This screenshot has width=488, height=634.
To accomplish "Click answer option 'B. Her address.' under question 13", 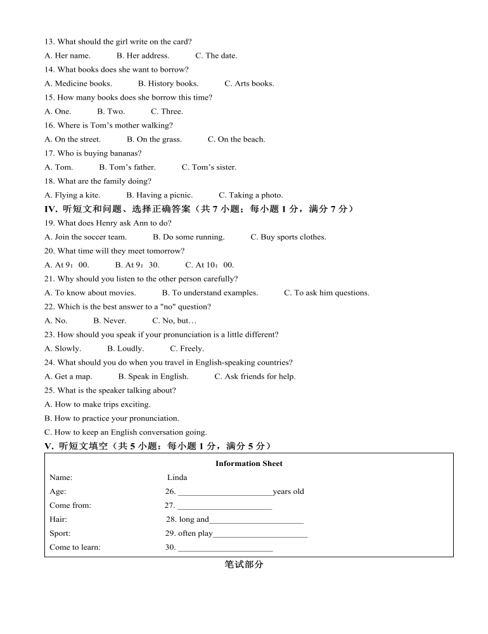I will point(143,56).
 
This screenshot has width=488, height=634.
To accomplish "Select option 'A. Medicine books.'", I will point(78,84).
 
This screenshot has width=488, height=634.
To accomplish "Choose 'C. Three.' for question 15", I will point(167,112).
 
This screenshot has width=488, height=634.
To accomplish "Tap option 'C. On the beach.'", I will point(236,139).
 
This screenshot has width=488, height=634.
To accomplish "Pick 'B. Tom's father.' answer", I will point(127,167).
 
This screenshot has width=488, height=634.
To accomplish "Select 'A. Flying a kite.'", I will point(72,195).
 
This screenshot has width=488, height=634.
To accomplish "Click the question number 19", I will point(49,223).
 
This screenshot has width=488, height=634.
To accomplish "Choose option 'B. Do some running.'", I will point(188,237).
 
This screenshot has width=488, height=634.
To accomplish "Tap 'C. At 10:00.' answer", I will point(209,265).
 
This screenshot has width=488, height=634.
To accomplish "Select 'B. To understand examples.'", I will point(210,293).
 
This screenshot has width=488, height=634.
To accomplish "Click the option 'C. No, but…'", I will point(174,321).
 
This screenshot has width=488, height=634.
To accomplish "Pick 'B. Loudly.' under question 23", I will point(125,349).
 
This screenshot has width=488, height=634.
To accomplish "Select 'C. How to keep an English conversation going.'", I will point(125,432).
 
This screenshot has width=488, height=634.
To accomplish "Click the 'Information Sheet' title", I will point(248,463).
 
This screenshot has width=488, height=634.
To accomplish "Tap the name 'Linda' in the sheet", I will point(177,477).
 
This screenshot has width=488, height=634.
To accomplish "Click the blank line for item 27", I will point(224,507).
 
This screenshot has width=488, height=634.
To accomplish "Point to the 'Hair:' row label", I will point(58,519).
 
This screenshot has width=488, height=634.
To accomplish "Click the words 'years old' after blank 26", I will point(288,491).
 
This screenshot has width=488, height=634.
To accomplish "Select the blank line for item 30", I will point(225,548).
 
